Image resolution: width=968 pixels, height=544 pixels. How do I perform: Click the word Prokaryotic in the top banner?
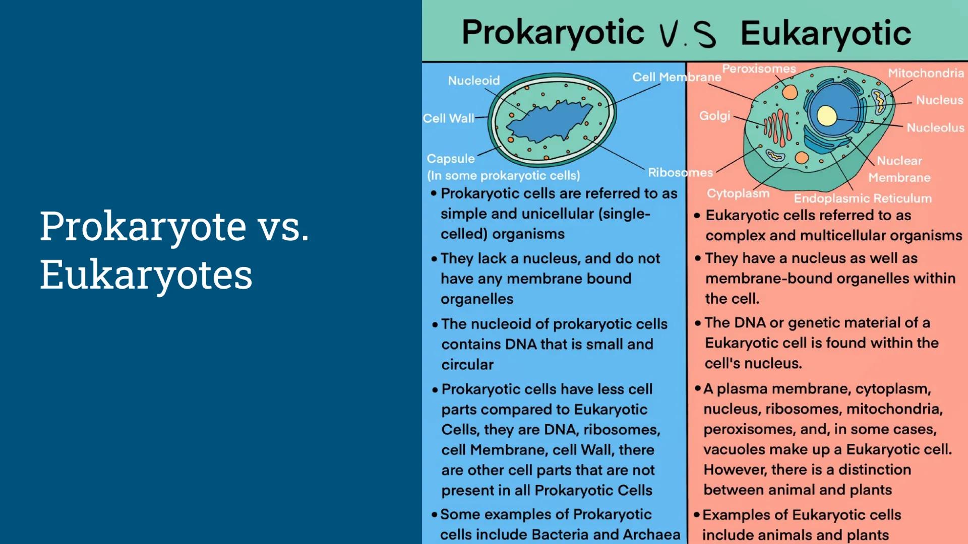(x=553, y=33)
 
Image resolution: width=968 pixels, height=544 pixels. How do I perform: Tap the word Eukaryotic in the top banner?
(x=825, y=34)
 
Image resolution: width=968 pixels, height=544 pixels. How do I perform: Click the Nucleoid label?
(x=473, y=81)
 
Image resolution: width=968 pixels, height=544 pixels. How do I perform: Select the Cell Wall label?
(x=448, y=118)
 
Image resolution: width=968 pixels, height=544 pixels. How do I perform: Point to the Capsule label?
(x=450, y=159)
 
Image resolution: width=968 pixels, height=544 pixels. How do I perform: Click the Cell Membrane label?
(x=677, y=77)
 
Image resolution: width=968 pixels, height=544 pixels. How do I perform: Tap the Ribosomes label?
(x=680, y=173)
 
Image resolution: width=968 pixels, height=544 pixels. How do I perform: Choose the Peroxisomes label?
(x=759, y=69)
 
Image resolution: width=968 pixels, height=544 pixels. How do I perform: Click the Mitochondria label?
(x=926, y=74)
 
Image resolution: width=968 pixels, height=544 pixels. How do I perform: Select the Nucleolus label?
(x=935, y=128)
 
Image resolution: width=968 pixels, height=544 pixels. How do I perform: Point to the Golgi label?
(x=714, y=116)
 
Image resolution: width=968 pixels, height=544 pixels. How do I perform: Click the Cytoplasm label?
(x=738, y=193)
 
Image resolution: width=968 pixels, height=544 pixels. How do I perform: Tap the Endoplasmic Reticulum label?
(x=863, y=198)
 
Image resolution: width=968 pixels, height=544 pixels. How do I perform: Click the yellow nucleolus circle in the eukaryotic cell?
(x=827, y=116)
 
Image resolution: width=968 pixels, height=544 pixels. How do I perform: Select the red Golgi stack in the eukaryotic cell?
(x=777, y=126)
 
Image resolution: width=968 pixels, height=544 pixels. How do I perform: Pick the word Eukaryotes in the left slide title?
(x=146, y=275)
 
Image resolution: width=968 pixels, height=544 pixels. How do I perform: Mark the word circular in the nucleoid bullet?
(x=467, y=365)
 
